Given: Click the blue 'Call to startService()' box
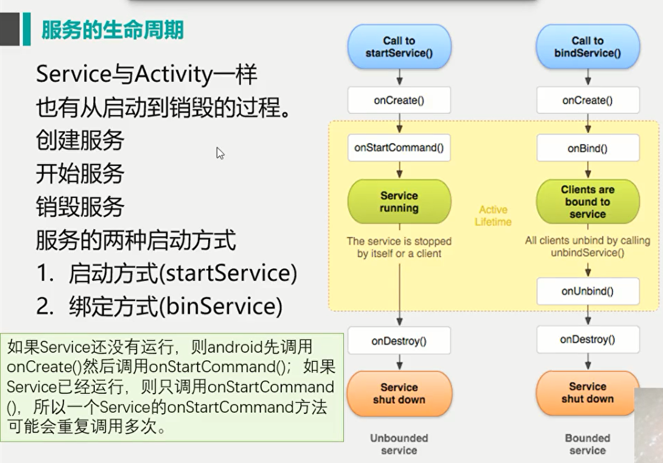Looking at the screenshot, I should click(x=399, y=47).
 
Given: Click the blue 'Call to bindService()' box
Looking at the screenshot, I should click(x=588, y=47).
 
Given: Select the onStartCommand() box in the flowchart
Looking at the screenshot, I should click(x=399, y=148).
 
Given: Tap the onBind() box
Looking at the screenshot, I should click(x=588, y=148).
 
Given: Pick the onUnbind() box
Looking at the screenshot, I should click(x=588, y=291).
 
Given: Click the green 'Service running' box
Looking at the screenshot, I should click(x=399, y=202).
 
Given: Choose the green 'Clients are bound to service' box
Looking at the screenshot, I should click(x=588, y=202).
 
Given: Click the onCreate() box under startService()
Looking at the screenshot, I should click(x=399, y=101).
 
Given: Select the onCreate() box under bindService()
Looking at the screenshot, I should click(x=588, y=101).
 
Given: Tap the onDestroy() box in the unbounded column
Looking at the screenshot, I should click(x=399, y=340).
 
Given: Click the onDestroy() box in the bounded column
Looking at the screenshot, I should click(x=588, y=340).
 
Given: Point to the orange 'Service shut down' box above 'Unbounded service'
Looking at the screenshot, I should click(x=399, y=393).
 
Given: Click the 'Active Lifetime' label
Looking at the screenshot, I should click(x=493, y=216).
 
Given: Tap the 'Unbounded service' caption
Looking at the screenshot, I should click(x=399, y=444).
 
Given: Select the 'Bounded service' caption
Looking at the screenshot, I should click(x=588, y=444).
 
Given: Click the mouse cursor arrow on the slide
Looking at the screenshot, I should click(x=220, y=153).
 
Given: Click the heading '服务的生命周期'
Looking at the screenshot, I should click(x=112, y=30).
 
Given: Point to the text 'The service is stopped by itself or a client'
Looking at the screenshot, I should click(x=399, y=247).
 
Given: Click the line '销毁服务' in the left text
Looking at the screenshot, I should click(x=80, y=207).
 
